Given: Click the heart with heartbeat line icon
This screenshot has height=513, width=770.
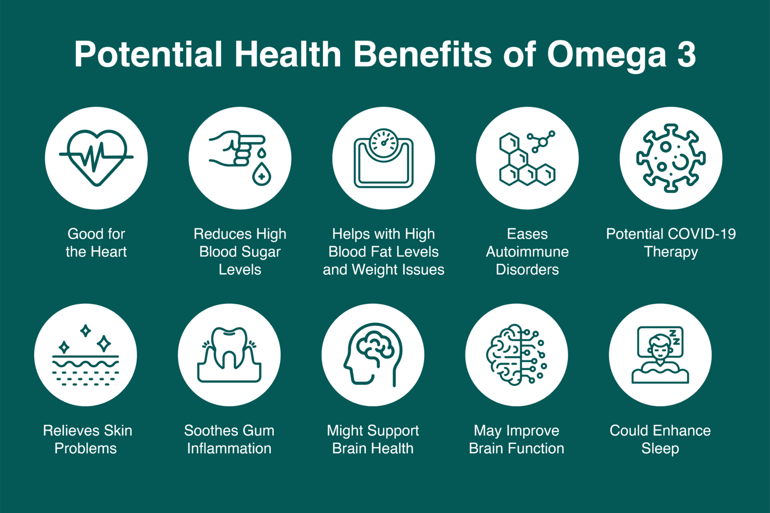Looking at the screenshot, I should pyautogui.click(x=96, y=158).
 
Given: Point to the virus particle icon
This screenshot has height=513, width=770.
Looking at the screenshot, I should pyautogui.click(x=671, y=158).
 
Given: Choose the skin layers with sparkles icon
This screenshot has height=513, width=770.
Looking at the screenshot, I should pyautogui.click(x=86, y=355).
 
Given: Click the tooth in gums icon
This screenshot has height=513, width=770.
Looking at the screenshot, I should pyautogui.click(x=229, y=355).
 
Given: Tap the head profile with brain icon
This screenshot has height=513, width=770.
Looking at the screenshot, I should pyautogui.click(x=373, y=355).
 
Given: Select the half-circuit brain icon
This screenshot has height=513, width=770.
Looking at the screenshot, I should pyautogui.click(x=516, y=355).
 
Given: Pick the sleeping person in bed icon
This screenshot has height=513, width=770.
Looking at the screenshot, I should pyautogui.click(x=660, y=355).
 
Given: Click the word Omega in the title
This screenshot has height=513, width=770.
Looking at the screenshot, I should pyautogui.click(x=606, y=55).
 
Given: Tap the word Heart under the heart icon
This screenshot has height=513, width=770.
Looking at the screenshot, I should pyautogui.click(x=109, y=252).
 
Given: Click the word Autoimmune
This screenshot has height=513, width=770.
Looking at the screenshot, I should pyautogui.click(x=527, y=252).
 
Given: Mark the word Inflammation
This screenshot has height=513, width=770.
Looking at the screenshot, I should pyautogui.click(x=229, y=449).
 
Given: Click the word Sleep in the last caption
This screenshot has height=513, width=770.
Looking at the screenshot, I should pyautogui.click(x=660, y=449).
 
